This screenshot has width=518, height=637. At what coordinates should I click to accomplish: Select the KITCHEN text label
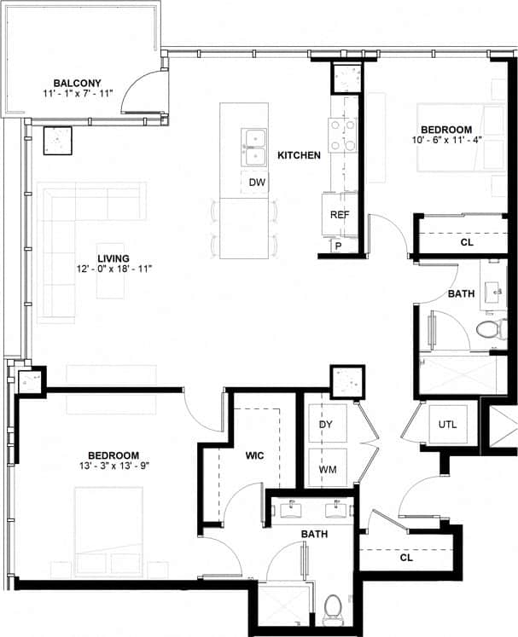(x=299, y=155)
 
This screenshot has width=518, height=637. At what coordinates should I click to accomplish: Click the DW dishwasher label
(x=257, y=182)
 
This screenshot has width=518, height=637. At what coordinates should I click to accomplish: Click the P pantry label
(x=338, y=246)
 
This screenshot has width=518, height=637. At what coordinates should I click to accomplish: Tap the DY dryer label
(x=326, y=424)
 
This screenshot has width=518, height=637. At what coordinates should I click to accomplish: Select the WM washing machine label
(x=326, y=470)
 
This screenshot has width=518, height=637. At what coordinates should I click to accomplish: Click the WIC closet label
(x=253, y=456)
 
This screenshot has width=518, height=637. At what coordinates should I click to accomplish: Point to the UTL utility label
(x=447, y=424)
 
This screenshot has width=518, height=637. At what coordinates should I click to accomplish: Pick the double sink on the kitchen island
(x=253, y=148)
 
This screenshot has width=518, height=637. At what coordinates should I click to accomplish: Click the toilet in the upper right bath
(x=489, y=329)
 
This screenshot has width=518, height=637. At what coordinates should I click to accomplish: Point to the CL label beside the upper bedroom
(x=466, y=242)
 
